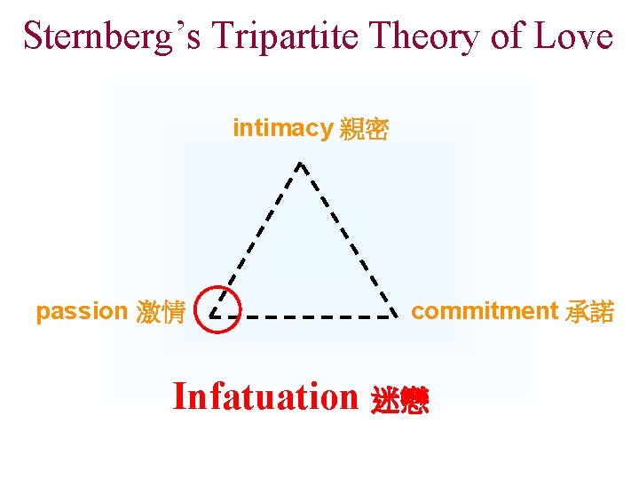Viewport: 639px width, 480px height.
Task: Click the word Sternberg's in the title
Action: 106,36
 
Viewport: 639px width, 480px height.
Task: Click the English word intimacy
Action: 281,129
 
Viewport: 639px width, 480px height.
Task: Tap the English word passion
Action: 82,312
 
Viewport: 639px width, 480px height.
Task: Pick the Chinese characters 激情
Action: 161,313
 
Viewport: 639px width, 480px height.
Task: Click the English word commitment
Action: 484,311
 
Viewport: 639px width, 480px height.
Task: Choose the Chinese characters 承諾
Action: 588,312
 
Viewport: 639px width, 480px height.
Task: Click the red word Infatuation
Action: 264,396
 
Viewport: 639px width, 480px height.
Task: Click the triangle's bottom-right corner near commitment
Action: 394,316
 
